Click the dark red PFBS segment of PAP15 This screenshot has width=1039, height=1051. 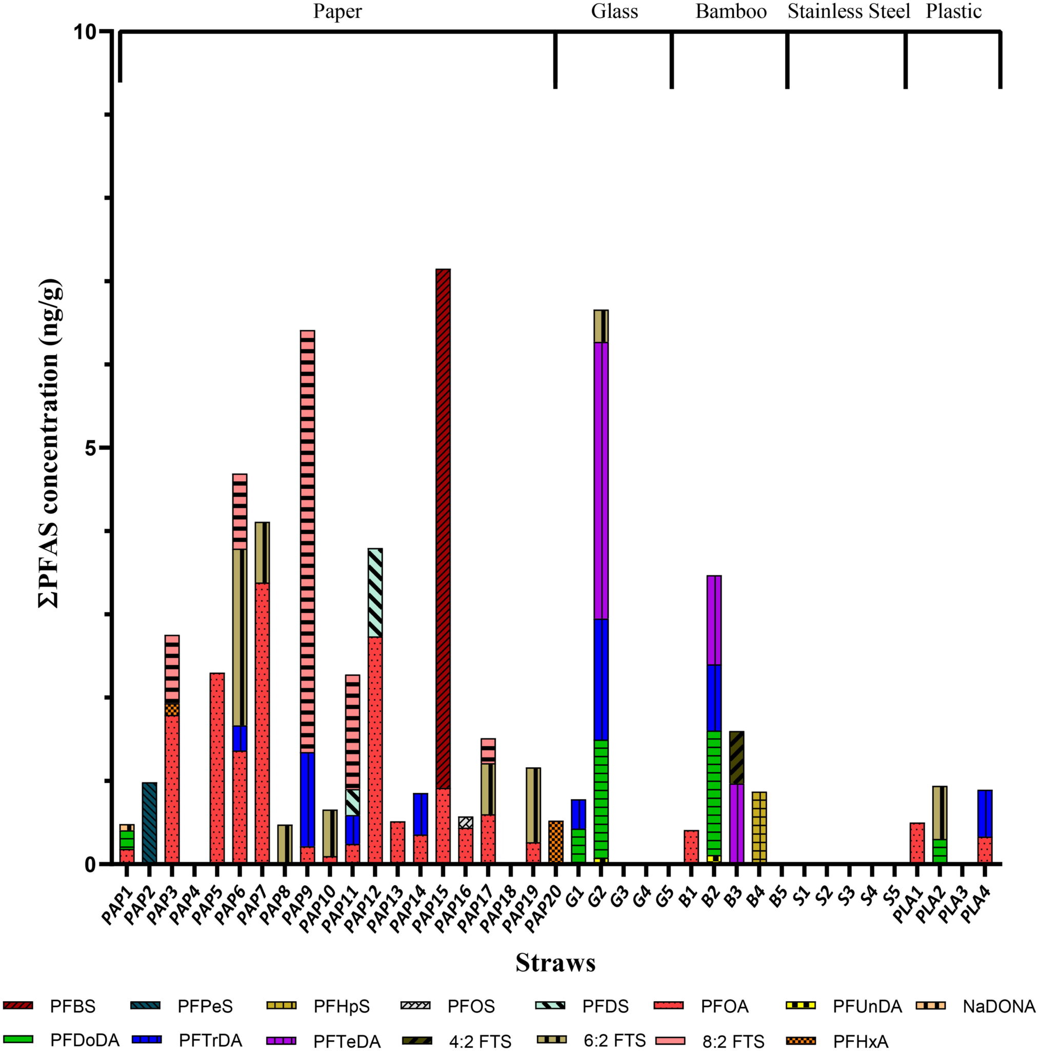coord(443,528)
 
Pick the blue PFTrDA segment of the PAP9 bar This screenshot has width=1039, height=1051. coord(308,799)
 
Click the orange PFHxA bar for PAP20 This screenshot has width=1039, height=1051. coord(556,841)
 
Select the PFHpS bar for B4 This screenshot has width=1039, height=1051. coord(759,826)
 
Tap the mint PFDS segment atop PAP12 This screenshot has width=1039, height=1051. coord(375,592)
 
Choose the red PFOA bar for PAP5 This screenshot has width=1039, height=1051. coord(217,767)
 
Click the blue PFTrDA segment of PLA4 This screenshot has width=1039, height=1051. coord(985,813)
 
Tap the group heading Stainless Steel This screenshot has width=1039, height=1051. coord(848,11)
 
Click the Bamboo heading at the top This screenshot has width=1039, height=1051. coord(731,11)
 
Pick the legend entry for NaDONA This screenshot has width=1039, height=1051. coord(999,1007)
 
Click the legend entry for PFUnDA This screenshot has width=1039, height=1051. coord(867,1007)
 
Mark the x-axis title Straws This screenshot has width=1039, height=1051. coord(555,963)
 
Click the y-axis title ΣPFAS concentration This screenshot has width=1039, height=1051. coord(50,443)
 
